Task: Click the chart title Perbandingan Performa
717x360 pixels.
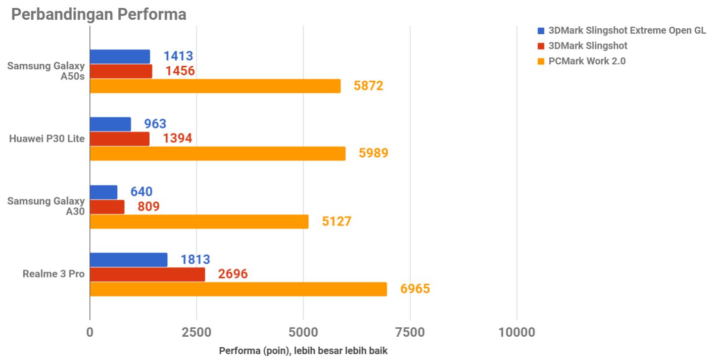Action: (98, 14)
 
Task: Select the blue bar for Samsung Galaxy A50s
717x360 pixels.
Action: (120, 57)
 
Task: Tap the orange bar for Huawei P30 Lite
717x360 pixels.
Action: (217, 153)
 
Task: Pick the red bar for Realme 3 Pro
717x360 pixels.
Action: (147, 274)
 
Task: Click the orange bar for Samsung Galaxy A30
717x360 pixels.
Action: (199, 222)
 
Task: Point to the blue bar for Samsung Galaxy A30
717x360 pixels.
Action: (103, 192)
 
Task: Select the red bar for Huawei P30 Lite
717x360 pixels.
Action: (119, 139)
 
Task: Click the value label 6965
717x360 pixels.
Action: (415, 289)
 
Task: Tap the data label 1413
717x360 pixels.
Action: (178, 56)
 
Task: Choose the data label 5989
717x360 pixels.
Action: (374, 153)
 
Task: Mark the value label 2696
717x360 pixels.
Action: (233, 274)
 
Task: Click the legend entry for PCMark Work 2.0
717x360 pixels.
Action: (586, 61)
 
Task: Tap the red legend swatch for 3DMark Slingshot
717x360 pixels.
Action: (541, 46)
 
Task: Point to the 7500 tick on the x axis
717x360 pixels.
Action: (410, 332)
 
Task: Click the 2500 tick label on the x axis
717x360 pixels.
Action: (196, 332)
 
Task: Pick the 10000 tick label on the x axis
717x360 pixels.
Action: (517, 332)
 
